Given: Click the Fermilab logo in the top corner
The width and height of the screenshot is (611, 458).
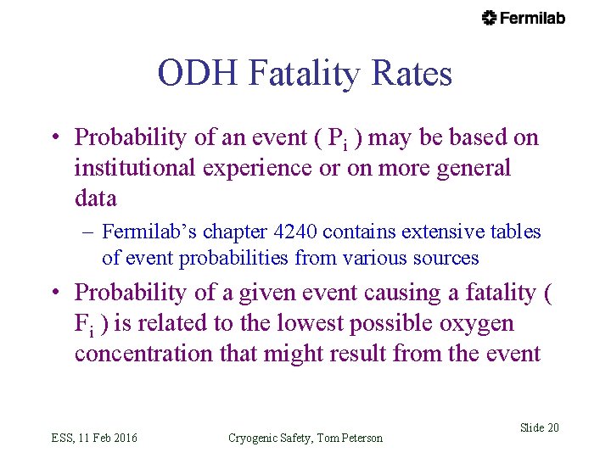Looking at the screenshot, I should (x=523, y=18).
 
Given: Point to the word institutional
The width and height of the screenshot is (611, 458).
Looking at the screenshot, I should (x=136, y=168).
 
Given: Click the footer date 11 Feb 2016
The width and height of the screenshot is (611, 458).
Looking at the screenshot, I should (x=108, y=438).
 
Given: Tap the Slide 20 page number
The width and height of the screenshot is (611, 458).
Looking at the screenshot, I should (x=539, y=427).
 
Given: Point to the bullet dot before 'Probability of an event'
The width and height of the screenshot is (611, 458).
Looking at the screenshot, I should (x=55, y=138).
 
